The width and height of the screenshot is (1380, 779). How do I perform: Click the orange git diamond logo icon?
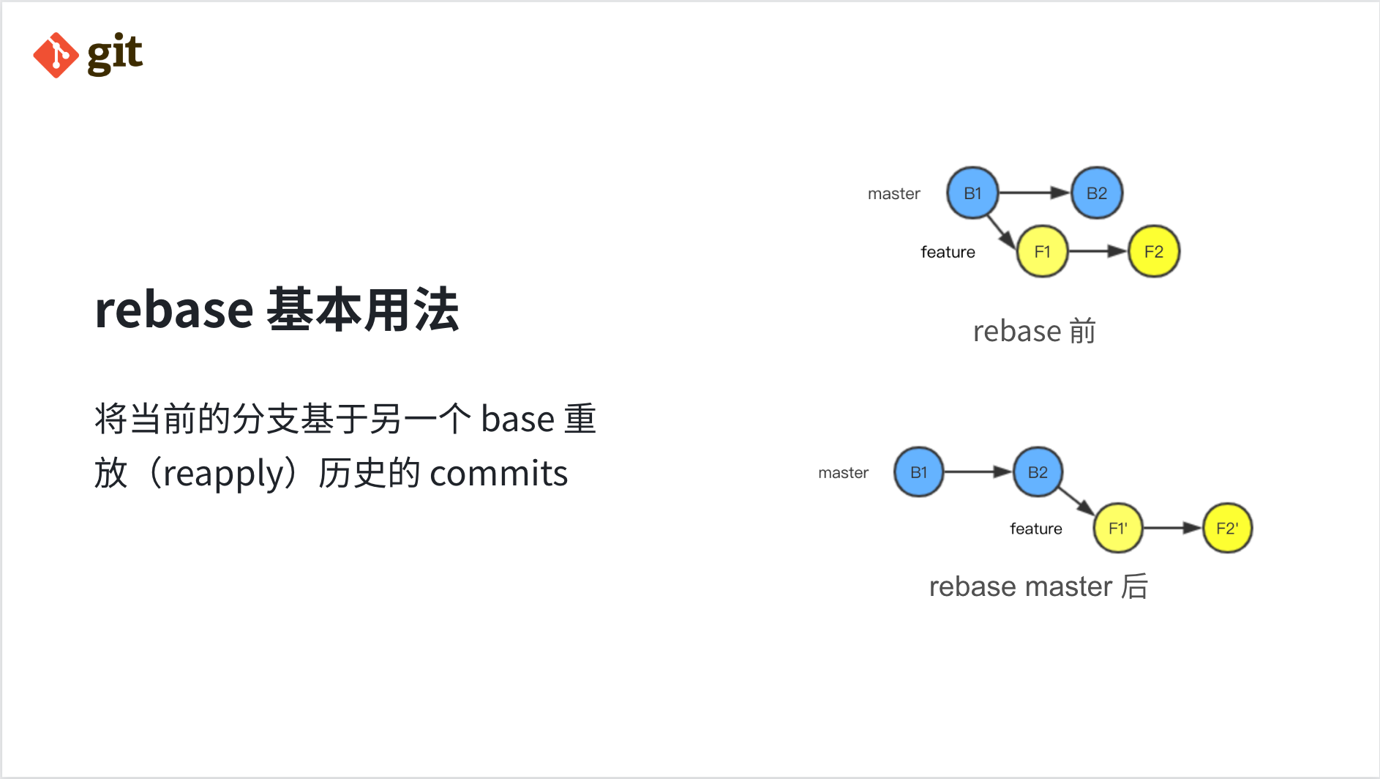pos(56,55)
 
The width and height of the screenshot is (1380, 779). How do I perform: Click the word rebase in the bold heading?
pos(174,310)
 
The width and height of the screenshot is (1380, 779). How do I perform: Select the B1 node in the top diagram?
pos(972,193)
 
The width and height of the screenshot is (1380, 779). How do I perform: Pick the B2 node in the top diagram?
pos(1096,193)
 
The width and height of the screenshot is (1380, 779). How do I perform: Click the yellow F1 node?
pos(1042,252)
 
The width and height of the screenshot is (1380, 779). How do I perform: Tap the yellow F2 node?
pos(1153,252)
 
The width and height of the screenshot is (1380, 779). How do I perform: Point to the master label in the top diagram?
pos(893,194)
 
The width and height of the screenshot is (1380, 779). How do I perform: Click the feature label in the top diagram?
pos(948,253)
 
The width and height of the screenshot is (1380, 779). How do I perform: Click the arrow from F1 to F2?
pos(1098,252)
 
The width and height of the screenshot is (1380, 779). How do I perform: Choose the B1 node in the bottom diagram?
pos(918,472)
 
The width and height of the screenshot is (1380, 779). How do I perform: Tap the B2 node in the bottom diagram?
pos(1038,472)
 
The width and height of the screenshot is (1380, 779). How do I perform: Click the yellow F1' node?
pos(1117,528)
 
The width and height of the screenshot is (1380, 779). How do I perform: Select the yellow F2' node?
pos(1227,528)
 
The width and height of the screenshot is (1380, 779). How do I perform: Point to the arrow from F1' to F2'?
pos(1173,528)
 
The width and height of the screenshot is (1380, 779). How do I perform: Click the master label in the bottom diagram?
pos(843,473)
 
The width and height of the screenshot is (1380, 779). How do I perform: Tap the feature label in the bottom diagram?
pos(1035,529)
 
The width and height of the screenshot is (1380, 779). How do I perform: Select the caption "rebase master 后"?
pos(1038,586)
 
